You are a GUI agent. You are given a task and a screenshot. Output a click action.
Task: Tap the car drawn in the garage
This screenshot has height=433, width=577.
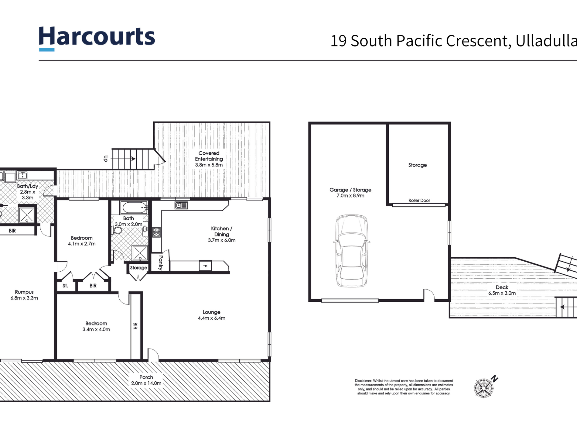pos(352,251)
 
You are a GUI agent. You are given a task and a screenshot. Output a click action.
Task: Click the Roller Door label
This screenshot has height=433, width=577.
pos(419,201)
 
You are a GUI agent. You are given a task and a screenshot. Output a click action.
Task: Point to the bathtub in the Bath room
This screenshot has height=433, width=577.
pos(134,208)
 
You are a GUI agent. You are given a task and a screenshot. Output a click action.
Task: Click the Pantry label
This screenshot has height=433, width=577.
pos(161,263)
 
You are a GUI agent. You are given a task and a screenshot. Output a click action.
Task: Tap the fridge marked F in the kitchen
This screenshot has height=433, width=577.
pos(205,266)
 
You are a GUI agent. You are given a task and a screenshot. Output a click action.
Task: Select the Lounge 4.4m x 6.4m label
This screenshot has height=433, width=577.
pos(211,315)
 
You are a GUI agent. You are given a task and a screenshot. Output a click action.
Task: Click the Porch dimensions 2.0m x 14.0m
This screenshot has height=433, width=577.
pos(146,383)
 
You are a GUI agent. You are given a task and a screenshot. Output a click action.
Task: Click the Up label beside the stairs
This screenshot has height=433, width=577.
pos(106,159)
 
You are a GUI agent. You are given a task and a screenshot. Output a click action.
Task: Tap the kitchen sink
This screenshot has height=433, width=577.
pos(181,205)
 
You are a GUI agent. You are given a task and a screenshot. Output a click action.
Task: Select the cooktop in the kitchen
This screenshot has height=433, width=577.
pos(156,232)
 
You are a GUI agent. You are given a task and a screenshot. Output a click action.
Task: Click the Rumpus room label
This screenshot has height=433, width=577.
pos(24,295)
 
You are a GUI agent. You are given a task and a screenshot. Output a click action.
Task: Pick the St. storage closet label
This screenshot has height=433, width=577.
pos(65,286)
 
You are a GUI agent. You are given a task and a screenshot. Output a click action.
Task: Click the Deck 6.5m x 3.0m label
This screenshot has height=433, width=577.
pos(502,290)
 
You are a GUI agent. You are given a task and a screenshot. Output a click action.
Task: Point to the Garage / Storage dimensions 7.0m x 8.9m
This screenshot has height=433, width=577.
pos(350,196)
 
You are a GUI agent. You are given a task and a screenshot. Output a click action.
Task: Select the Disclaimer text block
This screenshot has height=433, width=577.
pos(404,387)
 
